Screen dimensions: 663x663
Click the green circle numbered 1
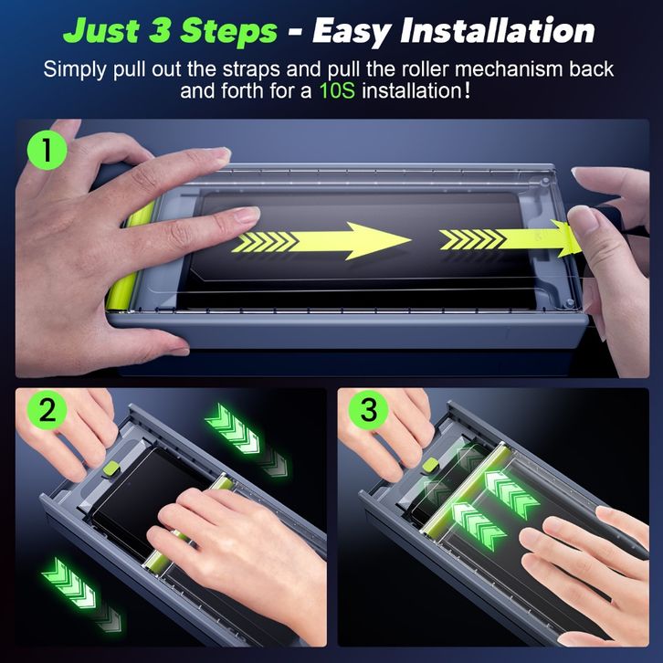47,150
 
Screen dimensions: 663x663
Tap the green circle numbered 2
47,410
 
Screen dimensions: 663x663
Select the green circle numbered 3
369,410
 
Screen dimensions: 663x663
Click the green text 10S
337,91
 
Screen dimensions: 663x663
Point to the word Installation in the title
498,31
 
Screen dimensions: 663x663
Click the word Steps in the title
228,32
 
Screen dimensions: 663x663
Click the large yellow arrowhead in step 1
376,240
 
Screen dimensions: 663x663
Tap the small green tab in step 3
431,465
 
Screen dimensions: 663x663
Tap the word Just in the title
101,31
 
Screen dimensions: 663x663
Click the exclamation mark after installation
467,90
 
